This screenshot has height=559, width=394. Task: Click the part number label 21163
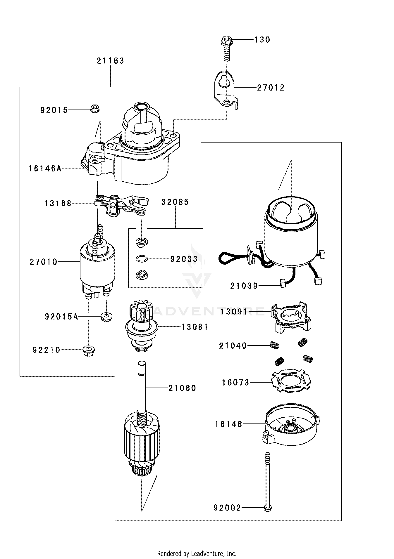[x=110, y=61]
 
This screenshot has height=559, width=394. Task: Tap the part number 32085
[x=175, y=202]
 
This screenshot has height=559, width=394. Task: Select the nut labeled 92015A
[x=106, y=317]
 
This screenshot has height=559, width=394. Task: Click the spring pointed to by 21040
[x=274, y=345]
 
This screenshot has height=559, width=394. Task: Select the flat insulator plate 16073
[x=291, y=381]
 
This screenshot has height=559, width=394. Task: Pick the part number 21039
[x=244, y=286]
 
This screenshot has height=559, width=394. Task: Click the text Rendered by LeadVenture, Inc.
[x=197, y=553]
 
